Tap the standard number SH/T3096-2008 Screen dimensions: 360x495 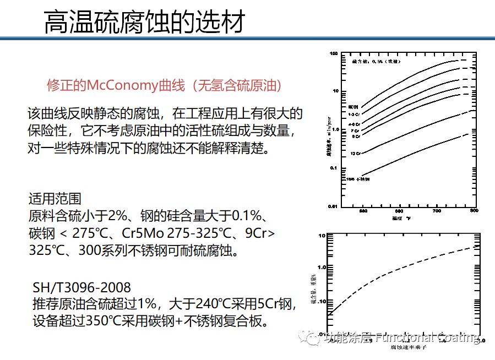pyautogui.click(x=81, y=287)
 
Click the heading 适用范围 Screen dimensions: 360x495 pyautogui.click(x=55, y=198)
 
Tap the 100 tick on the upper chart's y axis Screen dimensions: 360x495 pyautogui.click(x=333, y=54)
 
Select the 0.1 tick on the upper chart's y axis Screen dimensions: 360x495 pyautogui.click(x=333, y=168)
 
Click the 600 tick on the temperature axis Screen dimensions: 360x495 pyautogui.click(x=400, y=211)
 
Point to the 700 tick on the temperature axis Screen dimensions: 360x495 pyautogui.click(x=437, y=211)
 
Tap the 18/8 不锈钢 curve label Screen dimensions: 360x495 pyautogui.click(x=358, y=179)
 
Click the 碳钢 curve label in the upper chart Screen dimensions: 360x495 pyautogui.click(x=353, y=105)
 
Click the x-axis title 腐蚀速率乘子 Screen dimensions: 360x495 pyautogui.click(x=409, y=348)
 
